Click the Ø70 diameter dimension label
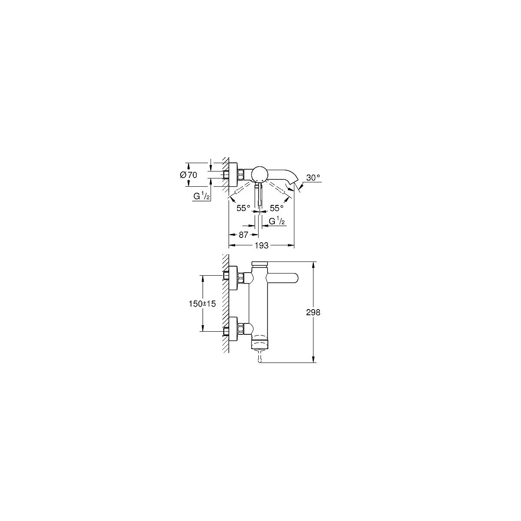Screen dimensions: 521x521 pyautogui.click(x=188, y=175)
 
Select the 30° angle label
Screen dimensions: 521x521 pyautogui.click(x=313, y=178)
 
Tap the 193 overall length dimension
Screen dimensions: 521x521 pyautogui.click(x=261, y=245)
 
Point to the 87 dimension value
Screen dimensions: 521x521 pyautogui.click(x=243, y=235)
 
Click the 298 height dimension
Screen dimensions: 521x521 pyautogui.click(x=313, y=313)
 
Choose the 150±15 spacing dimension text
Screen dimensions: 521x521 pyautogui.click(x=202, y=304)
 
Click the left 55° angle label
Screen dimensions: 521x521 pyautogui.click(x=244, y=208)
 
